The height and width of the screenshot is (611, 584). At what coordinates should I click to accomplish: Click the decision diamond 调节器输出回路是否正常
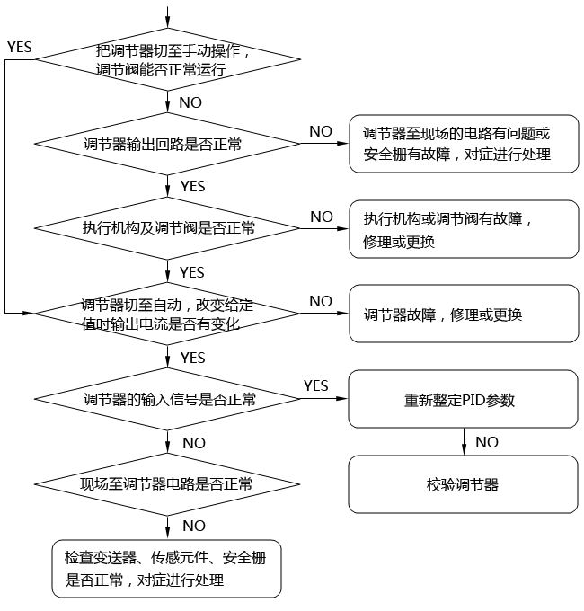pyautogui.click(x=167, y=143)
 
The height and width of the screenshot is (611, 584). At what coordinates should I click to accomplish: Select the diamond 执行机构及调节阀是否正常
pyautogui.click(x=167, y=228)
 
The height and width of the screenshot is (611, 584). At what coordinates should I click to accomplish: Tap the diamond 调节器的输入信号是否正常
pyautogui.click(x=167, y=399)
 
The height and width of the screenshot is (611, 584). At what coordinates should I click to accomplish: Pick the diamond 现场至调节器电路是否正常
pyautogui.click(x=167, y=484)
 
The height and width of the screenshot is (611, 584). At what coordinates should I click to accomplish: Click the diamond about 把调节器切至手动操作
pyautogui.click(x=167, y=59)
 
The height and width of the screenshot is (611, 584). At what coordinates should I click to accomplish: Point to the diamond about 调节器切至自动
pyautogui.click(x=167, y=314)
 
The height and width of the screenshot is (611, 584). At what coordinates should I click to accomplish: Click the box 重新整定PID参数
pyautogui.click(x=463, y=399)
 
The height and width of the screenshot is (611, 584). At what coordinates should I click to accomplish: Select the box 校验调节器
pyautogui.click(x=463, y=484)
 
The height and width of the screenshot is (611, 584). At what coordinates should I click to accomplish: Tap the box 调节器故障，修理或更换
pyautogui.click(x=463, y=314)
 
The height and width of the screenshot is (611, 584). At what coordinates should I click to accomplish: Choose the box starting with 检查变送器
pyautogui.click(x=167, y=569)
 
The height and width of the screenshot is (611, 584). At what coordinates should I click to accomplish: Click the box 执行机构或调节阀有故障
pyautogui.click(x=463, y=229)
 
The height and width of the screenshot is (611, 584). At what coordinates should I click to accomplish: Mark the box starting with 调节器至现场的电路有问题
pyautogui.click(x=463, y=144)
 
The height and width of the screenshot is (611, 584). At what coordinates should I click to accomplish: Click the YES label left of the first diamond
pyautogui.click(x=20, y=45)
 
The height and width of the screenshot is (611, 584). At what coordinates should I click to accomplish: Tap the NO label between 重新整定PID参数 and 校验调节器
pyautogui.click(x=487, y=442)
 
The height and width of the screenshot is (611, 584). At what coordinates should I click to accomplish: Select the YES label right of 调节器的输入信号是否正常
pyautogui.click(x=315, y=385)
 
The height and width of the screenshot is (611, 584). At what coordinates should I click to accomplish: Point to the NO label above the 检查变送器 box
pyautogui.click(x=193, y=526)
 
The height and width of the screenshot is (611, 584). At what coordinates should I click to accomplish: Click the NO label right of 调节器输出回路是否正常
pyautogui.click(x=321, y=131)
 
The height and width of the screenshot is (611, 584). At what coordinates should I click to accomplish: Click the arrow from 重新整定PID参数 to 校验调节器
pyautogui.click(x=464, y=441)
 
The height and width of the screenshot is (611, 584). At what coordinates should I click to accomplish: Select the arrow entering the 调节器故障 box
pyautogui.click(x=323, y=314)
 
